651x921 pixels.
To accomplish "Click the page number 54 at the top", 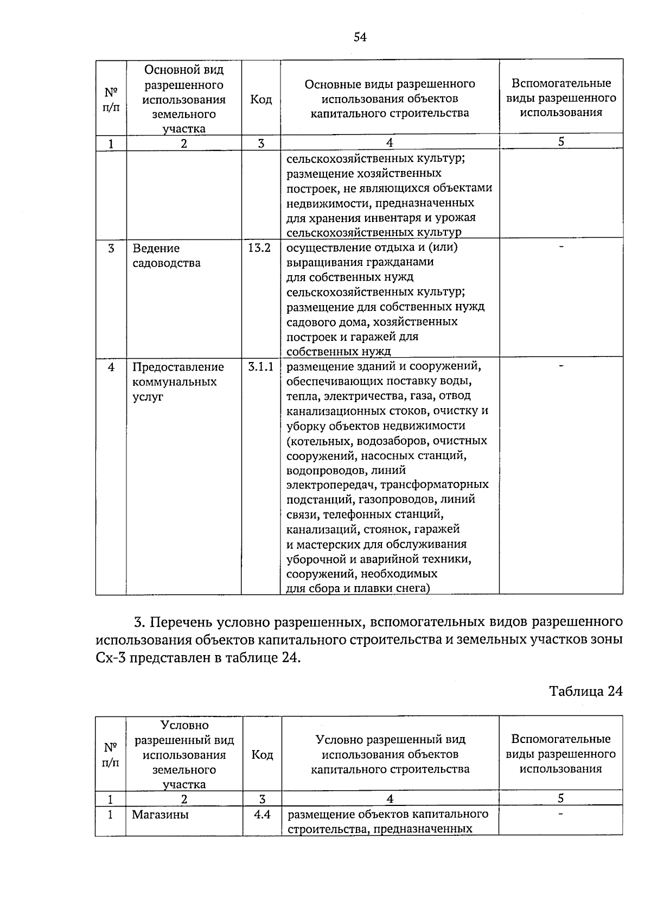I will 360,37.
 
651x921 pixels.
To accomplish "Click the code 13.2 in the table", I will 259,248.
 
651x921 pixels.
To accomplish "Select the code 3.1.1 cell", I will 261,367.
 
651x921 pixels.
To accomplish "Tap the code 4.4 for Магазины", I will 262,814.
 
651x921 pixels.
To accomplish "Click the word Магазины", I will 160,815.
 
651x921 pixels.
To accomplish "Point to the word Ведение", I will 156,249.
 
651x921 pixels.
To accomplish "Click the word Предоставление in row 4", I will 178,367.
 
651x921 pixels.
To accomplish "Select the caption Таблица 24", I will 585,691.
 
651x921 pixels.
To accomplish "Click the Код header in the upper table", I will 261,99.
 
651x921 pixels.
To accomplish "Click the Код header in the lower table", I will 262,754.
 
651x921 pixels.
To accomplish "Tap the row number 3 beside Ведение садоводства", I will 111,249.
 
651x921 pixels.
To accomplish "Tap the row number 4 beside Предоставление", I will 111,367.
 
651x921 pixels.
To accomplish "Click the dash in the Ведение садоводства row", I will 561,247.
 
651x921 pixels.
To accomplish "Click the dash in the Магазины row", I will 561,814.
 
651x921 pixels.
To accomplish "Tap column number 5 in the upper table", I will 561,142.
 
